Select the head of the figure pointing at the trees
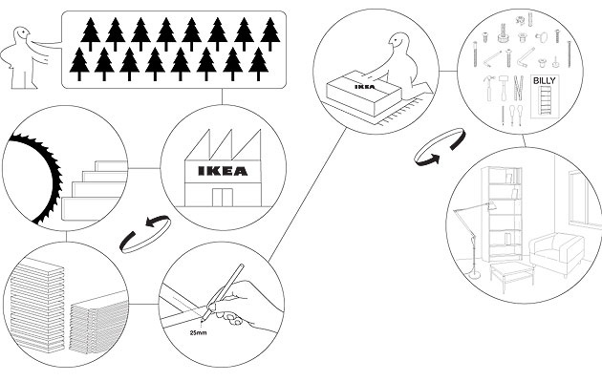(22, 35)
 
